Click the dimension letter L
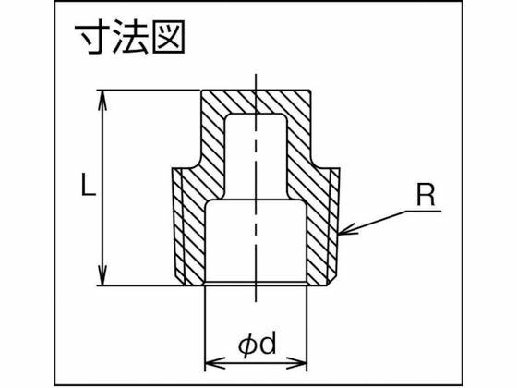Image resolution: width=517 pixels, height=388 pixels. [89, 186]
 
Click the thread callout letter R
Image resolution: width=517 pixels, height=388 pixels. [426, 195]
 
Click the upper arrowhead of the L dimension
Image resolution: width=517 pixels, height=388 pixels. [103, 100]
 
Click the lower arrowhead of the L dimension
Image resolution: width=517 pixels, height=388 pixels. [103, 275]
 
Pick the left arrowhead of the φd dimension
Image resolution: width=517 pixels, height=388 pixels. [215, 363]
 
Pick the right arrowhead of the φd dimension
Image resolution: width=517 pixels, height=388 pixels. [296, 363]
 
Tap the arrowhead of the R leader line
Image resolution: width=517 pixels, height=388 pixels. [347, 230]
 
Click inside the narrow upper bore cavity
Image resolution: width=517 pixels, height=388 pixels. [256, 155]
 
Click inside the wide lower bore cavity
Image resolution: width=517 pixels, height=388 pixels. [256, 241]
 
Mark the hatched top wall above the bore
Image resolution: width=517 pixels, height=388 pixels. [256, 102]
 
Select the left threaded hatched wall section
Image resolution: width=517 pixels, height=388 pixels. [188, 227]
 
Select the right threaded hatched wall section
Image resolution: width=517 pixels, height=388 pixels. [323, 227]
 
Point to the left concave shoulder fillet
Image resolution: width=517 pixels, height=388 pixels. [196, 164]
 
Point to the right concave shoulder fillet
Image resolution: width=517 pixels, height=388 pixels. [316, 164]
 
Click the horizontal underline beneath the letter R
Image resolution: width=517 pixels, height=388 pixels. [424, 211]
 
